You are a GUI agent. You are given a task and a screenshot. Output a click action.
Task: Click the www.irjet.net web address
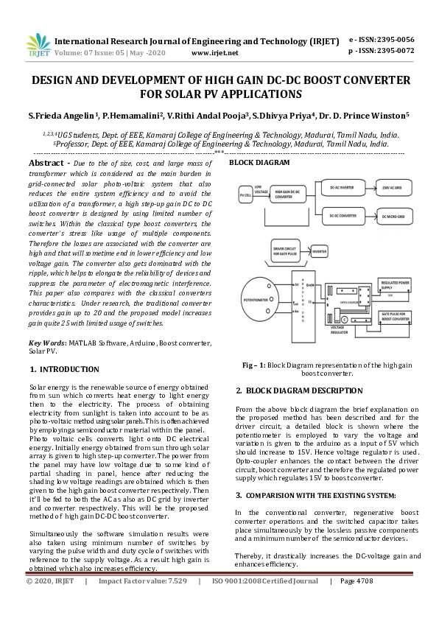tap(214, 53)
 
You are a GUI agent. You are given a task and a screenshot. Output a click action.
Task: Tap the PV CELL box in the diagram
tap(245, 195)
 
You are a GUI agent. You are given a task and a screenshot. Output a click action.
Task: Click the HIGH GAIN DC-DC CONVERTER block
tap(289, 195)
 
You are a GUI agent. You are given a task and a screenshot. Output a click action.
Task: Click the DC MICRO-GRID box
tap(398, 217)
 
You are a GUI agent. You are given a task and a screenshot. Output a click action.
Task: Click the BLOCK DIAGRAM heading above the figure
tap(253, 162)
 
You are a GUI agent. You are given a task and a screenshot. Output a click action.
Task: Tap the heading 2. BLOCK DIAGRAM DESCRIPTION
tap(294, 390)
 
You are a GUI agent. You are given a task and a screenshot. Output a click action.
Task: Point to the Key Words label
tap(47, 343)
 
